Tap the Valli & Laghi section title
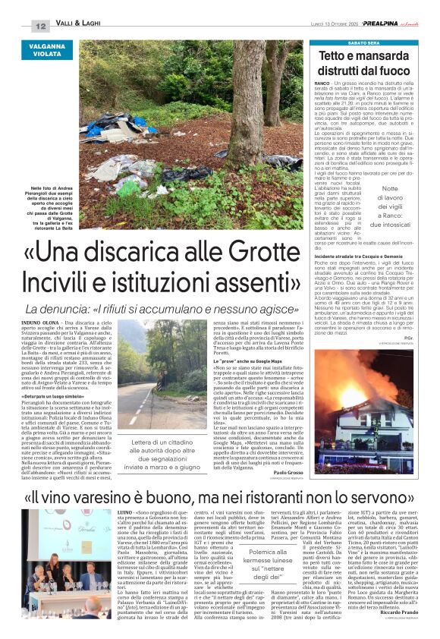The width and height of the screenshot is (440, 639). (81, 26)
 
